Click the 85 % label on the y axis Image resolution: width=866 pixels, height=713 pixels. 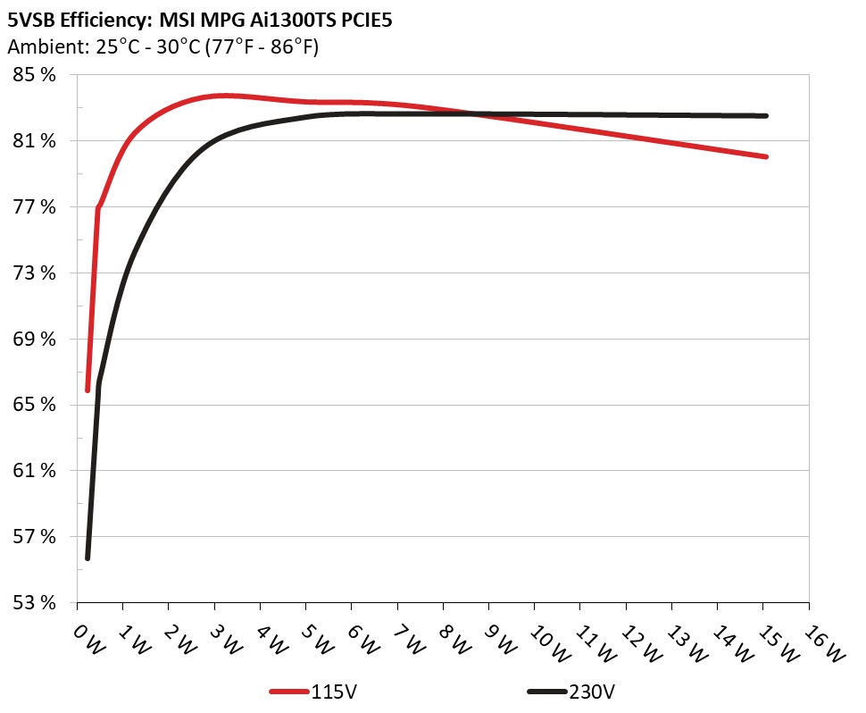pyautogui.click(x=33, y=75)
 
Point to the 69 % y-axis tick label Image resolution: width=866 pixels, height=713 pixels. pyautogui.click(x=33, y=339)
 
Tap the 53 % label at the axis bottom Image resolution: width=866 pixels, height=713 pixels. pyautogui.click(x=33, y=602)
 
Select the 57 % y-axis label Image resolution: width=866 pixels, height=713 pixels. pyautogui.click(x=33, y=536)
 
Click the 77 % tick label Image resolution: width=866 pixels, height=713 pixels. pyautogui.click(x=33, y=206)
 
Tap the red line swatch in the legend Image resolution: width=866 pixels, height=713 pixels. pyautogui.click(x=289, y=692)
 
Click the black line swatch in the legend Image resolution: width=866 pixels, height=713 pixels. pyautogui.click(x=546, y=692)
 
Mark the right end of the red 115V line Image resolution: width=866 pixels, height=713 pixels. pyautogui.click(x=766, y=156)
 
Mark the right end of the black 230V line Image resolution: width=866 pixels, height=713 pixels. pyautogui.click(x=766, y=115)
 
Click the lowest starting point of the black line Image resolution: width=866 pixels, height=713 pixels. pyautogui.click(x=87, y=558)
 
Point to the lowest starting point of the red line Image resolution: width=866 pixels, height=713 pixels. pyautogui.click(x=87, y=390)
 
